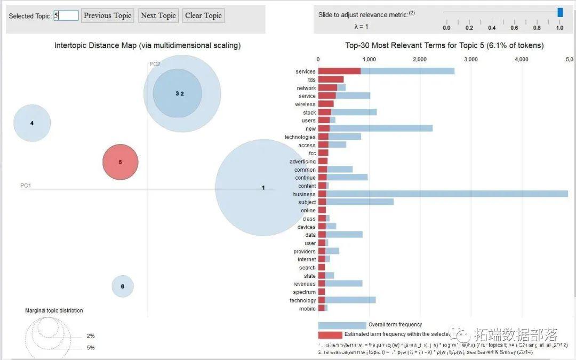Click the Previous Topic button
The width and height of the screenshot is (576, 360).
(107, 15)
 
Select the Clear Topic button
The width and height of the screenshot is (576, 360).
(203, 15)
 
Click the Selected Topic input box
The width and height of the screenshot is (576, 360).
(66, 15)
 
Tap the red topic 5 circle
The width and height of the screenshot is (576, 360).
(121, 162)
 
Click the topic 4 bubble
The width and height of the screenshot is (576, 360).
(32, 123)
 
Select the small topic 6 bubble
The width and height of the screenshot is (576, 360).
(123, 286)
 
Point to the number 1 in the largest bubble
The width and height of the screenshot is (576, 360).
(263, 188)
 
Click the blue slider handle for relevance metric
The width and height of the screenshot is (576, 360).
(560, 12)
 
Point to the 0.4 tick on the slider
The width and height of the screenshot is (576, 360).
(492, 28)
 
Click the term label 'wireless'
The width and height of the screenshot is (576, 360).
(305, 105)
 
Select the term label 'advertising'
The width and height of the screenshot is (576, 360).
(302, 162)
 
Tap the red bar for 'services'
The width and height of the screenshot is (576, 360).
(339, 71)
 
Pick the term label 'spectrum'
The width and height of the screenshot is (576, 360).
(304, 292)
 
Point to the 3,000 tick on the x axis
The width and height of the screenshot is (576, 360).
(471, 59)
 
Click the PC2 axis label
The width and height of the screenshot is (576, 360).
(155, 64)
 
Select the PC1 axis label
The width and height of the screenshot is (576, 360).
(26, 186)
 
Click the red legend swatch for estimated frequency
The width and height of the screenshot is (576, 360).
(330, 335)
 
